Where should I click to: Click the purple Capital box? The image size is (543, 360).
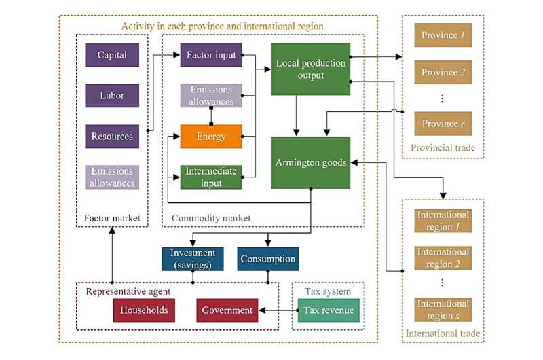point(112,55)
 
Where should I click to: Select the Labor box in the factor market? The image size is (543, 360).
point(112,96)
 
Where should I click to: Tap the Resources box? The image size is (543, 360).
point(112,136)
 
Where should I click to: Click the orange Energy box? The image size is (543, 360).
point(211,137)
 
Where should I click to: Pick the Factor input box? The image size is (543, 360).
point(211,55)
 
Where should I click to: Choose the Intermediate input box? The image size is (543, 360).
point(211,177)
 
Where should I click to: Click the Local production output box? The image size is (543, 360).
point(311,69)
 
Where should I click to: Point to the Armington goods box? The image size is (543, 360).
point(311,162)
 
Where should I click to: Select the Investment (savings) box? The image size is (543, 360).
point(193,259)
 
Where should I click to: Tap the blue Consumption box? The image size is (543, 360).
point(268,259)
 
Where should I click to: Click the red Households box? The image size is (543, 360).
point(144,310)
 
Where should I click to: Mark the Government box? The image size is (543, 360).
point(227,310)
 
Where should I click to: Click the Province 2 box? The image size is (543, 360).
point(443,73)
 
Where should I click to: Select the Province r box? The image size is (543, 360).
point(443,124)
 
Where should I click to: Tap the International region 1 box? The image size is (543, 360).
point(443,221)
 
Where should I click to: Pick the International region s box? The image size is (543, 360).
point(443,310)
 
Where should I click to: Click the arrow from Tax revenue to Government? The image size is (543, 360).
point(278,310)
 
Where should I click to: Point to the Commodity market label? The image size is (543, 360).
point(211,218)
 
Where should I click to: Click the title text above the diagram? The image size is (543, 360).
point(222,26)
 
